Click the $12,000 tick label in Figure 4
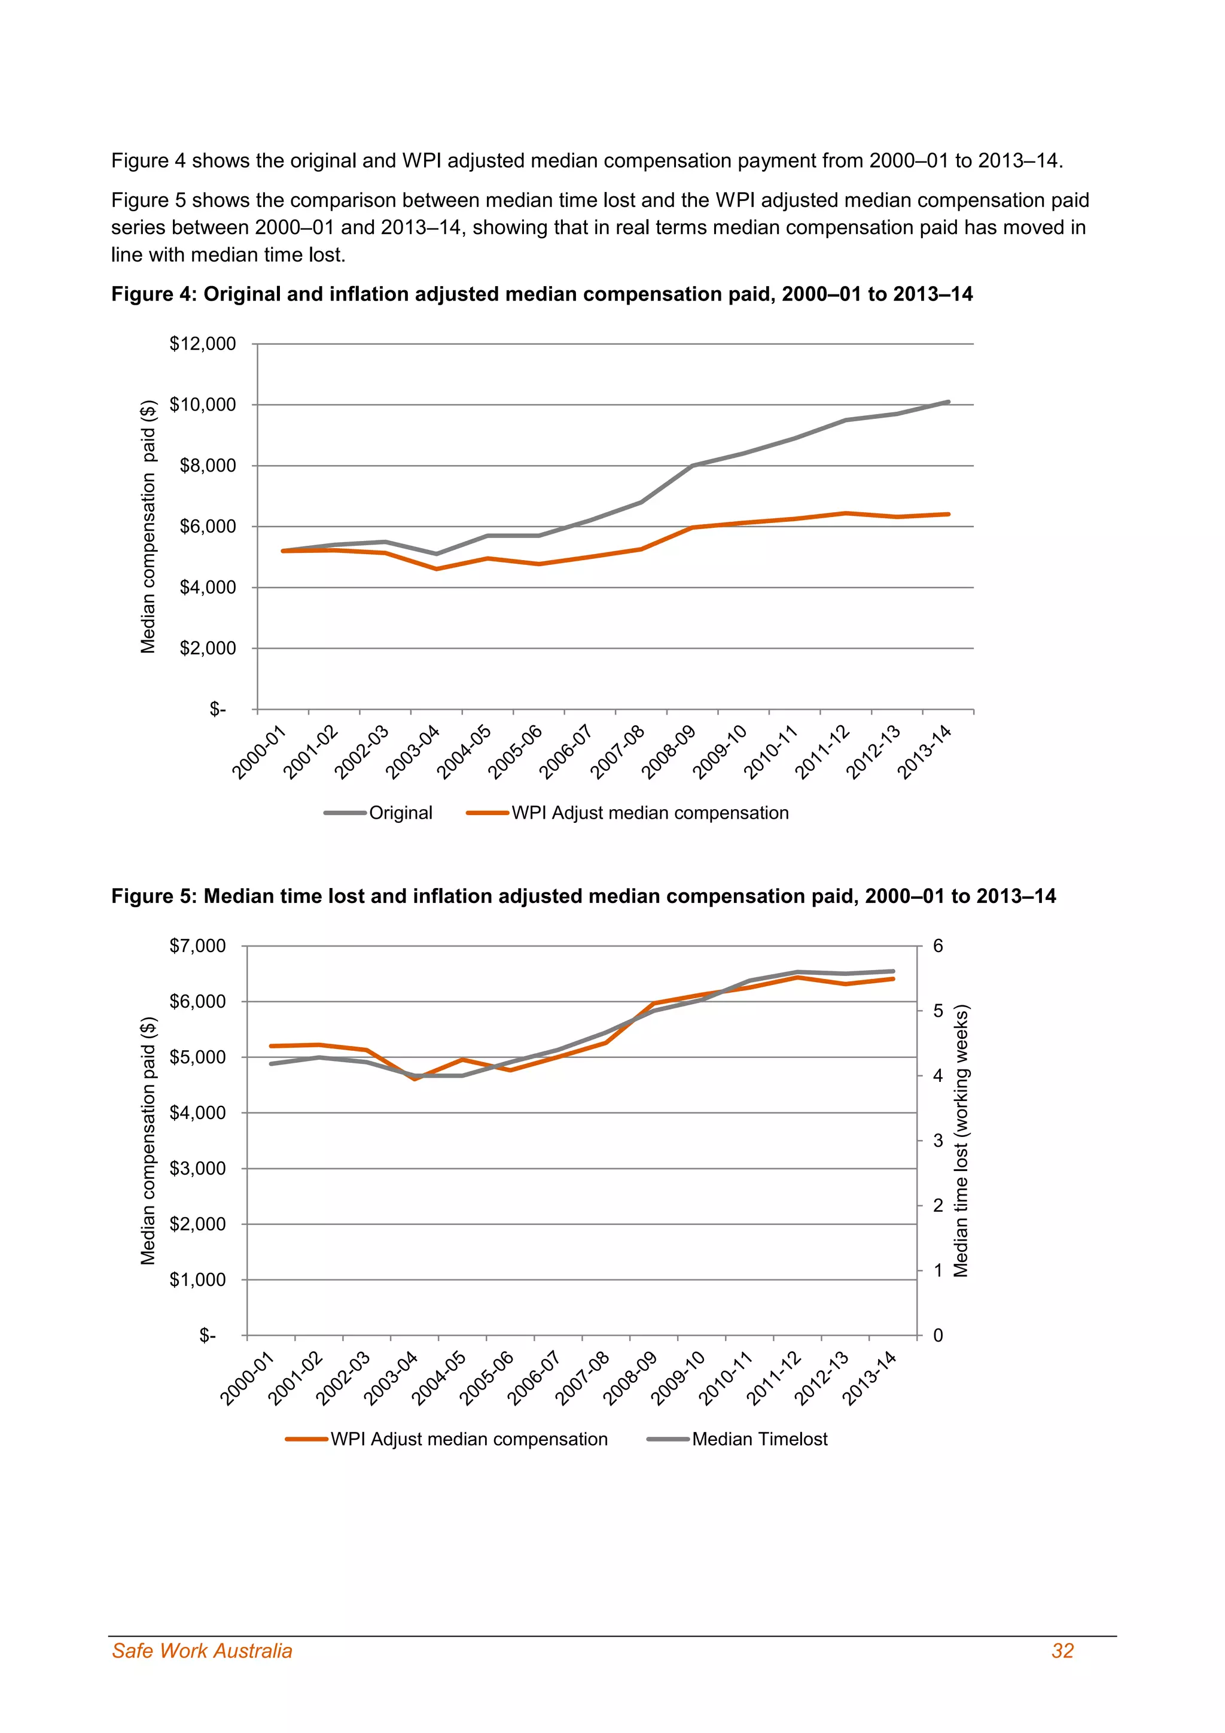point(202,344)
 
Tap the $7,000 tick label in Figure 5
point(197,945)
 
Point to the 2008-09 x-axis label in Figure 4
point(668,752)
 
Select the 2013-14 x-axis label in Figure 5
point(869,1378)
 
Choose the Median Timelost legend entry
point(759,1439)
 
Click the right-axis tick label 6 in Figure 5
point(938,945)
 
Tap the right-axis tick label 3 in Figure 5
point(938,1141)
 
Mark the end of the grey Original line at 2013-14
point(947,402)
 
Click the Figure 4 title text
point(541,294)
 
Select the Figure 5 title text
point(583,896)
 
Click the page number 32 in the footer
point(1062,1651)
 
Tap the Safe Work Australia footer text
point(202,1651)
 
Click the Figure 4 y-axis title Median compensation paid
point(148,526)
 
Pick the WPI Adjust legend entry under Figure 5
point(468,1439)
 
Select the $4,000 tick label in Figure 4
point(208,587)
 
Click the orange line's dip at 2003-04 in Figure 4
point(436,568)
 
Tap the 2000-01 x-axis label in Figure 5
point(246,1378)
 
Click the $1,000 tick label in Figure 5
point(197,1279)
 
